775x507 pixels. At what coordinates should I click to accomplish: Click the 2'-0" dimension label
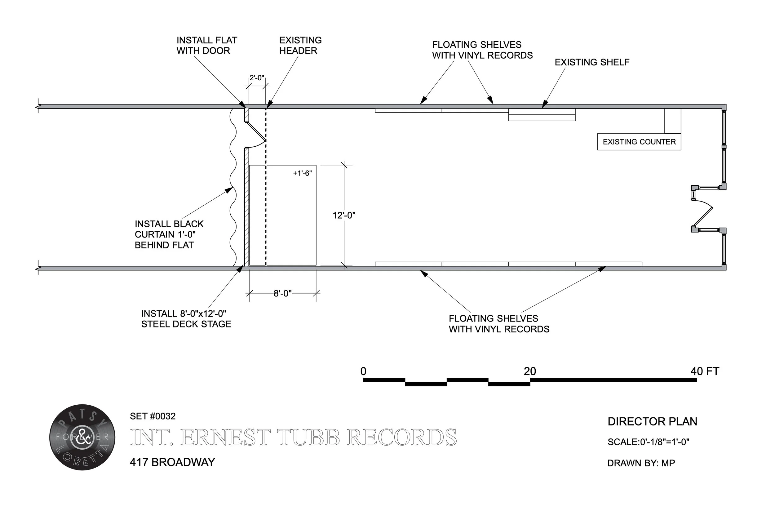[257, 78]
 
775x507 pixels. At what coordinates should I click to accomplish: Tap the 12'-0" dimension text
[344, 215]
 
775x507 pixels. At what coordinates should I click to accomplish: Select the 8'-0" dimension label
[282, 293]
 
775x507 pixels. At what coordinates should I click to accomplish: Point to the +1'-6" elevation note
[302, 173]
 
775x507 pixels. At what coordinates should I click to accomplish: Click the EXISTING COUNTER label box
[639, 142]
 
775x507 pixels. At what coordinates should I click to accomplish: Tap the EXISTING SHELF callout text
[592, 62]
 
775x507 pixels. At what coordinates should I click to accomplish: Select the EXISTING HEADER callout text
[300, 45]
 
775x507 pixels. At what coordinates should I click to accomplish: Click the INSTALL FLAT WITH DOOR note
[207, 45]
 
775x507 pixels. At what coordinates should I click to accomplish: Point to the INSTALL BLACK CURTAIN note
[169, 234]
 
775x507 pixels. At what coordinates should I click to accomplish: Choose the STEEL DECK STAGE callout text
[186, 319]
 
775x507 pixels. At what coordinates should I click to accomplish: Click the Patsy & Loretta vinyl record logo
[82, 437]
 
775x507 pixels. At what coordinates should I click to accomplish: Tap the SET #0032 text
[153, 416]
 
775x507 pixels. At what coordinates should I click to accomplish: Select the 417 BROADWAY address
[172, 462]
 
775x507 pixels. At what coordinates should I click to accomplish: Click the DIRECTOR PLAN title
[652, 421]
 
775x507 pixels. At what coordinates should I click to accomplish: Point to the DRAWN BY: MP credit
[641, 463]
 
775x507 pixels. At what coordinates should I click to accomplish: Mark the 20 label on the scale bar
[530, 371]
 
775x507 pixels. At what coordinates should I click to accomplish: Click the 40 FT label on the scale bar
[705, 371]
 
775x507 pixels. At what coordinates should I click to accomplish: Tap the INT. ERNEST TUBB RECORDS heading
[293, 437]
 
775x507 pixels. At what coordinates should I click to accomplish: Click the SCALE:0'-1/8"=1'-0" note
[648, 442]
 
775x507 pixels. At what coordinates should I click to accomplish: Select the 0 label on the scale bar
[363, 371]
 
